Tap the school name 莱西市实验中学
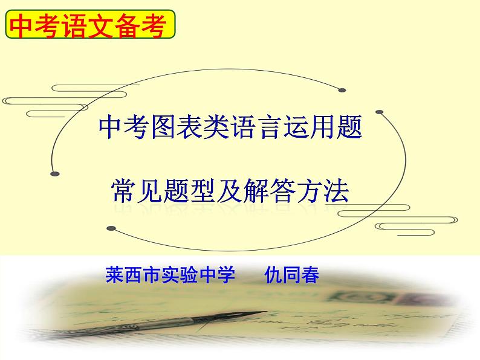click(x=170, y=275)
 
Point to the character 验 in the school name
click(x=189, y=275)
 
